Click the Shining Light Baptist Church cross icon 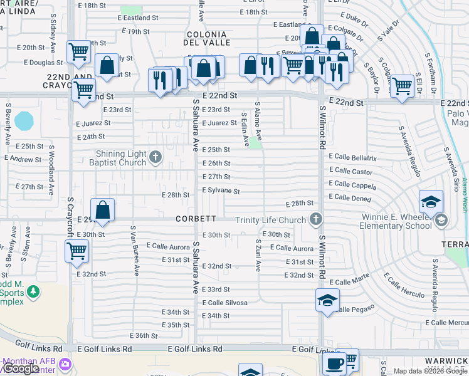155,156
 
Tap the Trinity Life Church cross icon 316,219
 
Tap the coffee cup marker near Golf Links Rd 333,363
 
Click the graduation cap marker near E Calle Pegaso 327,300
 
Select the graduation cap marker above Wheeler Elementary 431,202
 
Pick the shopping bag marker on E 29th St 102,211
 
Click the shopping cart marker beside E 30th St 76,251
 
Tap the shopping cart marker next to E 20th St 79,51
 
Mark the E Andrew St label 23,160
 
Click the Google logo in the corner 20,368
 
